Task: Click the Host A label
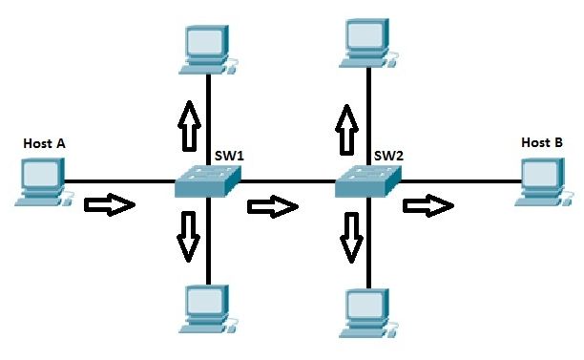coord(44,143)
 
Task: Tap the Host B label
coord(541,142)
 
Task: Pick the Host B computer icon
coord(541,180)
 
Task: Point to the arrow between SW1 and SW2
coord(272,205)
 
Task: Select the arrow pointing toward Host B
coord(428,205)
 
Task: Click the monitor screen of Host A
coord(42,174)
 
